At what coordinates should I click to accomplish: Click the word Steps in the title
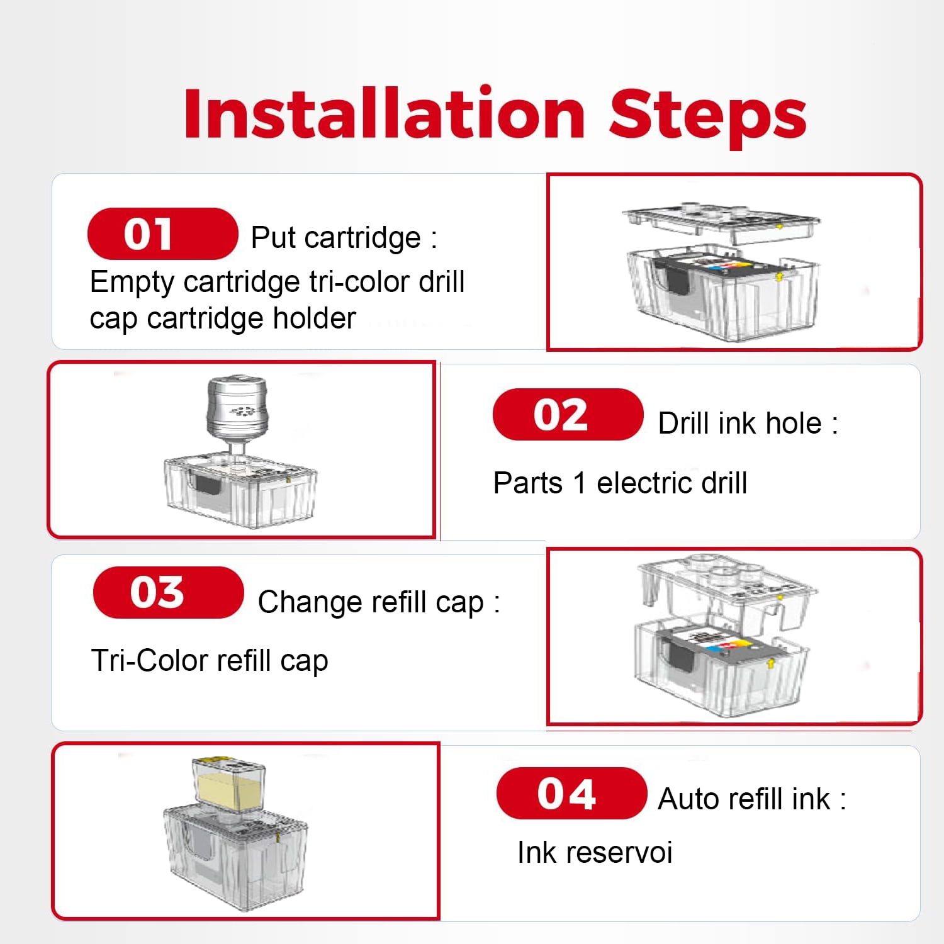(x=708, y=117)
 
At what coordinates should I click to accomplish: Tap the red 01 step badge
(x=162, y=233)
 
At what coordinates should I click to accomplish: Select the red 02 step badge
(x=568, y=414)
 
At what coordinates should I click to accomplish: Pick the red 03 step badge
(x=168, y=592)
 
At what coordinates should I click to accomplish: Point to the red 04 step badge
(x=571, y=793)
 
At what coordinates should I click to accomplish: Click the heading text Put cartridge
(x=344, y=238)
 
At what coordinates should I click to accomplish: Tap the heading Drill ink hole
(x=748, y=423)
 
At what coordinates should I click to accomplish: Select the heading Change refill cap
(x=378, y=602)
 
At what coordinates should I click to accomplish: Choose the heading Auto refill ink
(x=751, y=799)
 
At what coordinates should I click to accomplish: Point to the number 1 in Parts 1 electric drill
(x=580, y=483)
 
